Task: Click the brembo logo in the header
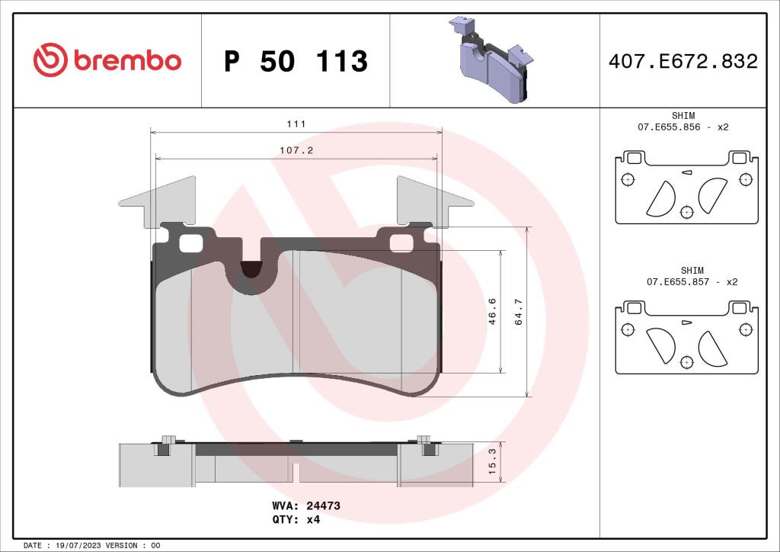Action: click(107, 60)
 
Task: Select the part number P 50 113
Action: click(296, 61)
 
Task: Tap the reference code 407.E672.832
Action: click(682, 61)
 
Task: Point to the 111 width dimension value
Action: click(297, 124)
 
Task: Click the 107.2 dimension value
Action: click(297, 150)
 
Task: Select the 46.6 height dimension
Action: click(492, 312)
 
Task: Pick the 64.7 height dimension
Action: click(519, 312)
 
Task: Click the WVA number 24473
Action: click(323, 505)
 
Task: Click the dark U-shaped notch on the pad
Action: click(250, 269)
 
